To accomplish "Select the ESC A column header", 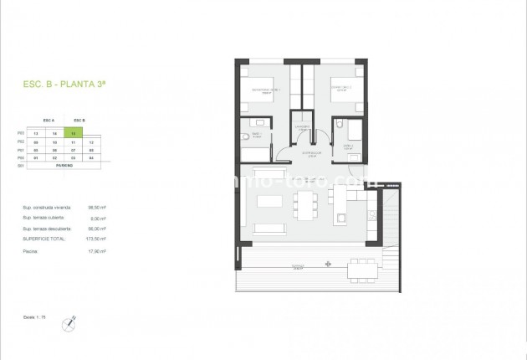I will coord(47,121).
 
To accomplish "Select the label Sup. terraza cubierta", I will coord(43,218).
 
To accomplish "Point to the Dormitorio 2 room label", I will coord(339,87).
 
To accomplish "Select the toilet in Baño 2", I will coord(337,126).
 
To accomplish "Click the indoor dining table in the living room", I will coord(305,202).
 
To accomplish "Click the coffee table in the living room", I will coord(269,203).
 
